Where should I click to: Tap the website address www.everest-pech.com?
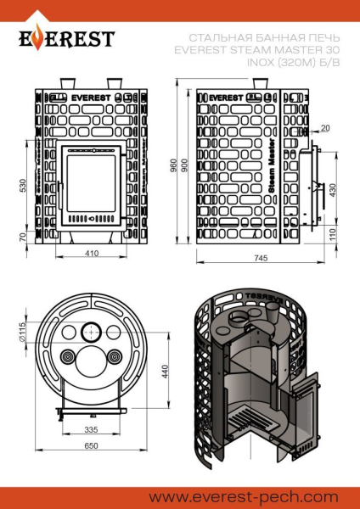(x=248, y=495)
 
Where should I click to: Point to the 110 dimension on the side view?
(x=332, y=232)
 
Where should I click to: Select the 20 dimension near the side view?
(x=325, y=128)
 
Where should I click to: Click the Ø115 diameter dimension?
(x=23, y=330)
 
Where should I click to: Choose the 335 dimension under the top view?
(x=92, y=429)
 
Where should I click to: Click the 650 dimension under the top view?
(x=91, y=446)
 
